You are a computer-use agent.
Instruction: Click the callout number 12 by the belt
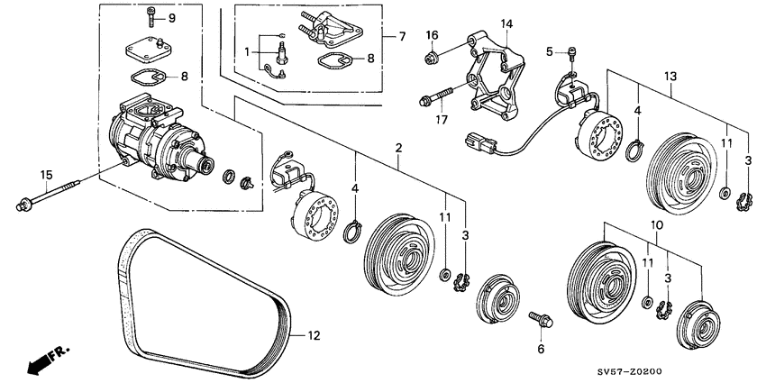(x=314, y=337)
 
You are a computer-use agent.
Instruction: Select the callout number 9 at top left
(x=171, y=18)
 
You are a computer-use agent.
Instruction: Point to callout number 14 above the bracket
(x=506, y=23)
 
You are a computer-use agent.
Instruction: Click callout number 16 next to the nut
(x=432, y=34)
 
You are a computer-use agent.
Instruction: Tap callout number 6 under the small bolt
(x=541, y=348)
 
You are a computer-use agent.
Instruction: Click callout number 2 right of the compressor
(x=397, y=147)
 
